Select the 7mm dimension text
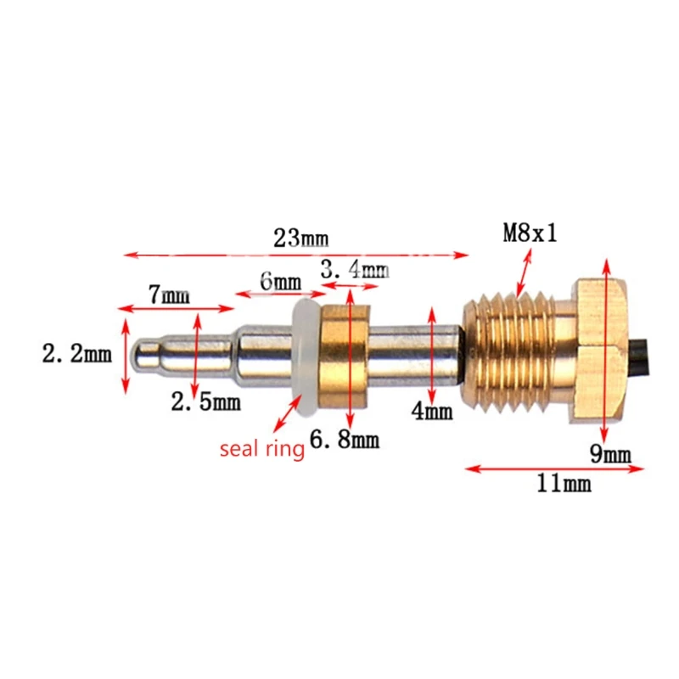(169, 295)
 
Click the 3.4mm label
(354, 271)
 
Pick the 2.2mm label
(77, 354)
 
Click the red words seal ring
(262, 449)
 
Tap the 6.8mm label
(345, 441)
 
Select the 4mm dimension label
(431, 412)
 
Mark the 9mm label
(611, 455)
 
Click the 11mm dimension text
(564, 485)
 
